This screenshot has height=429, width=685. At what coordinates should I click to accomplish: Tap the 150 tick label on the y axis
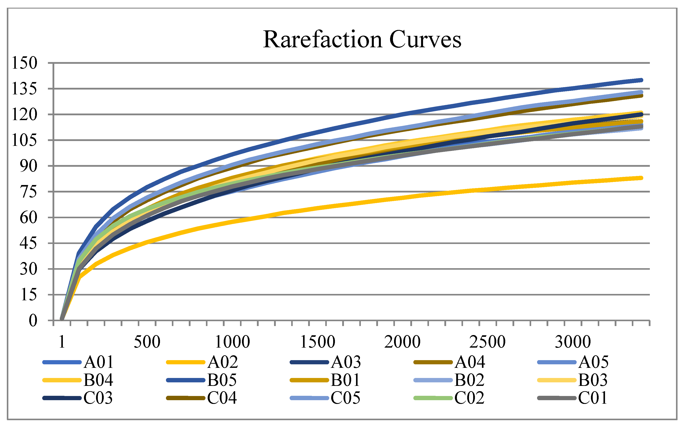pos(24,63)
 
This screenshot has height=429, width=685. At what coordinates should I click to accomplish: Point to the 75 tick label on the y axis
pos(28,192)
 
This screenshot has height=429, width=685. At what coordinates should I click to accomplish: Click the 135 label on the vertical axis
pos(24,89)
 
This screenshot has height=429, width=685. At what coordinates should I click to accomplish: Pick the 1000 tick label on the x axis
pos(232,342)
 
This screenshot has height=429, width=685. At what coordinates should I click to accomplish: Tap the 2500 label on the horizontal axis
pos(487,342)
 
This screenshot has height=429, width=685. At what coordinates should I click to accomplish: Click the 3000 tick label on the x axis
pos(573,342)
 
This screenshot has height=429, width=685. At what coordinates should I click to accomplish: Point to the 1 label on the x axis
pos(62,342)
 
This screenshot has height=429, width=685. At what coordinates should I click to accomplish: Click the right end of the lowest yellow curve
pos(641,178)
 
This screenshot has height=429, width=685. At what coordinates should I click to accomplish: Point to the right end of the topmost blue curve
pos(641,80)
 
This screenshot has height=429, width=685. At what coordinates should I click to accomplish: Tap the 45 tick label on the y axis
pos(28,244)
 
